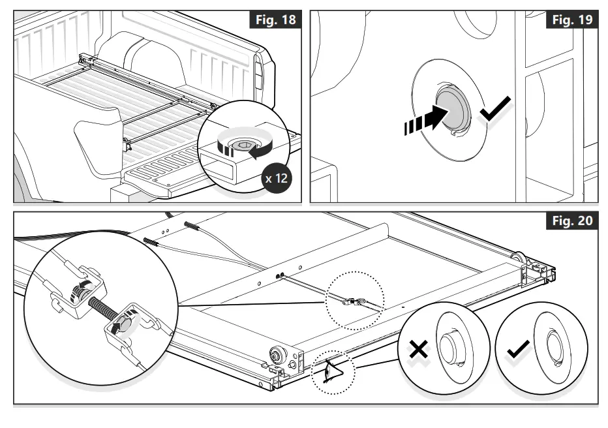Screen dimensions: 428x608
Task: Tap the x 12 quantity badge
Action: (x=275, y=177)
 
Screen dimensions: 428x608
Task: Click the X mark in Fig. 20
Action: (x=418, y=350)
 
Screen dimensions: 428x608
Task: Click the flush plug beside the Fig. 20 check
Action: (x=553, y=349)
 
